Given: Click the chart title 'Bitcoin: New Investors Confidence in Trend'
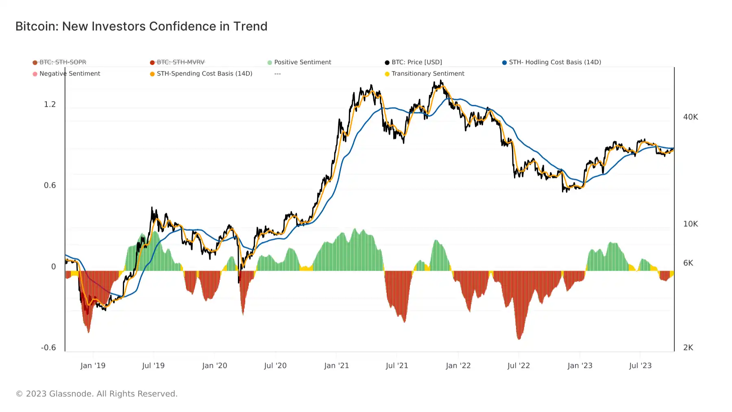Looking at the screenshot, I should pyautogui.click(x=141, y=26).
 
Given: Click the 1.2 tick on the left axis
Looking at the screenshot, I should pyautogui.click(x=50, y=104).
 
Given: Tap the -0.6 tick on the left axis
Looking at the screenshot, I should pyautogui.click(x=48, y=347).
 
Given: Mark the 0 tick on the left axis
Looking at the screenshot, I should pyautogui.click(x=53, y=267).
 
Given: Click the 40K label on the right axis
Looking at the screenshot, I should pyautogui.click(x=691, y=117).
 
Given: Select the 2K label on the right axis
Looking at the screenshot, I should pyautogui.click(x=688, y=347).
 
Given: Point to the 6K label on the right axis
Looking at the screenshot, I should pyautogui.click(x=688, y=263).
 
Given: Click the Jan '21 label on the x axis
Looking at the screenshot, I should pyautogui.click(x=336, y=366).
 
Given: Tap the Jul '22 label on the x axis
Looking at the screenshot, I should pyautogui.click(x=518, y=366).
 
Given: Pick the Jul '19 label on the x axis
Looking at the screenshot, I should pyautogui.click(x=153, y=366).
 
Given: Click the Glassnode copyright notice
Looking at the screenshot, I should pyautogui.click(x=96, y=394).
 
